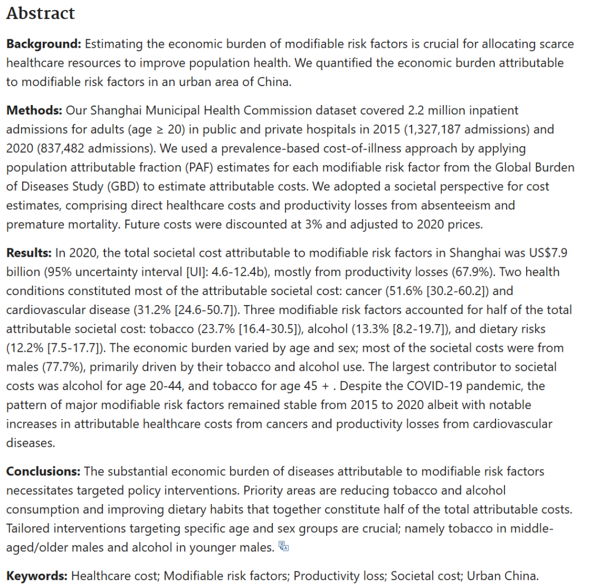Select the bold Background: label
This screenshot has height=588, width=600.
pos(43,44)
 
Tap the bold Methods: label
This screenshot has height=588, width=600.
pos(34,111)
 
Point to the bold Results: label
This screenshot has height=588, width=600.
pos(29,253)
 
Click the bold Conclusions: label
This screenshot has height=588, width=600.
pos(43,471)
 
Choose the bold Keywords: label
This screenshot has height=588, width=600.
pos(37,576)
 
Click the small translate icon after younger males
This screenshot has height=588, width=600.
pos(284,547)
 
